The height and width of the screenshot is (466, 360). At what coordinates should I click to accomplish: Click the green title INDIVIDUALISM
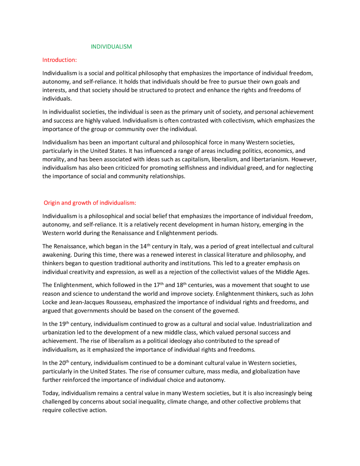click(111, 47)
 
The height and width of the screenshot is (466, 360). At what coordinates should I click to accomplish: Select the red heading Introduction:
click(59, 60)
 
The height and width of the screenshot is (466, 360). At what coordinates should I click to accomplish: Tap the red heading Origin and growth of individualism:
click(90, 203)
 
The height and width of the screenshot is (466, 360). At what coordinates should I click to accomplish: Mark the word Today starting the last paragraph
click(51, 393)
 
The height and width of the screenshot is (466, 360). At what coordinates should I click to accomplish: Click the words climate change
click(188, 402)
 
